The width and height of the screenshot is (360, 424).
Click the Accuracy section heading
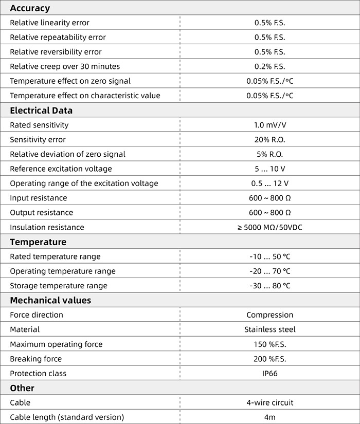click(30, 8)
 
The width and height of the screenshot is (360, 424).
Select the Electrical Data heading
click(41, 110)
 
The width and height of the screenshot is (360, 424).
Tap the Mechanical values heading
click(50, 300)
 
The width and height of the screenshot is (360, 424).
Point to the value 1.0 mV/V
click(269, 125)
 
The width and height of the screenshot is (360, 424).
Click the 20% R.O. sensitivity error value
click(269, 140)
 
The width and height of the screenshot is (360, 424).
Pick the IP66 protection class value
click(269, 374)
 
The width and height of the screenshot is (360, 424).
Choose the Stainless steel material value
click(269, 329)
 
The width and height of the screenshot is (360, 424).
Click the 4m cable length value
click(269, 417)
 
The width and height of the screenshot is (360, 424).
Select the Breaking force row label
click(35, 359)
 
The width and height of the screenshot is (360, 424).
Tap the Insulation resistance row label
click(47, 227)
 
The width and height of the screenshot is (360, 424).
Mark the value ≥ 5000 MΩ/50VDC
click(269, 227)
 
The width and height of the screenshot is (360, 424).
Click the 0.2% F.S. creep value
click(269, 66)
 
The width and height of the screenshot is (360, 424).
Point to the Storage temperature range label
click(59, 286)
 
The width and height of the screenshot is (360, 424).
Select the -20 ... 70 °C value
click(269, 271)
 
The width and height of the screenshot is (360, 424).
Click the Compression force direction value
click(269, 315)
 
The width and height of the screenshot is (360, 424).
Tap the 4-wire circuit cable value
click(269, 403)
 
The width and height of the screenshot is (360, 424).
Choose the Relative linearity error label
click(49, 23)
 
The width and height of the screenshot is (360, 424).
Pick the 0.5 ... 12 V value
click(269, 183)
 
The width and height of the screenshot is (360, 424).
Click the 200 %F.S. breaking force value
click(269, 359)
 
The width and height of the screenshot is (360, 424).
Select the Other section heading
click(22, 388)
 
